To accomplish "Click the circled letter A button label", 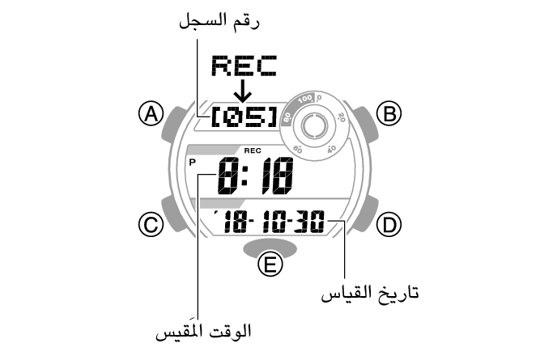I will (x=149, y=115).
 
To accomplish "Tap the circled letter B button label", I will (x=391, y=115).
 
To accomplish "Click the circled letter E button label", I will (x=269, y=265).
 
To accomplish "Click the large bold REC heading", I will (x=243, y=66).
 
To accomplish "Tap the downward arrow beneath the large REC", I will (x=243, y=91).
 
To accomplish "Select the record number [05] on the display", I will (x=243, y=118).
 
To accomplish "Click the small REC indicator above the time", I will (x=250, y=151).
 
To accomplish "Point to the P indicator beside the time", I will (x=193, y=162).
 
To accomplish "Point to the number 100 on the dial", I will (x=304, y=99).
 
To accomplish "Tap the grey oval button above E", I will (x=269, y=245).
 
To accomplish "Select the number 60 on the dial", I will (x=297, y=150).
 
